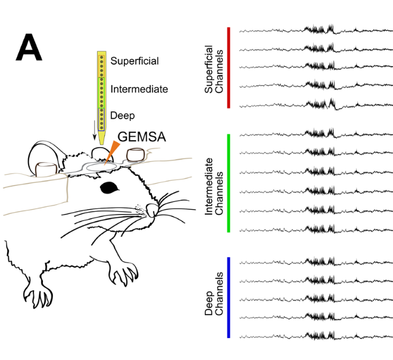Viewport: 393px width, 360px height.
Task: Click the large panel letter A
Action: (29, 48)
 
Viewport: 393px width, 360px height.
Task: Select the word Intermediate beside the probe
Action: (139, 89)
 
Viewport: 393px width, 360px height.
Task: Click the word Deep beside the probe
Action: (122, 115)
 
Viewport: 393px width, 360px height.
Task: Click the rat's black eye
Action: (110, 188)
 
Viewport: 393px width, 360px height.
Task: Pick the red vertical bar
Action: (229, 67)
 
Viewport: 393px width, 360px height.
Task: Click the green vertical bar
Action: (229, 182)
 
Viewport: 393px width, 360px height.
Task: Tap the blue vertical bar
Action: (229, 297)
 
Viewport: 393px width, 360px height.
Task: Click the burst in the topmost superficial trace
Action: (320, 29)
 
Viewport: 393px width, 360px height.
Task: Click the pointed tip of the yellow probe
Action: (102, 142)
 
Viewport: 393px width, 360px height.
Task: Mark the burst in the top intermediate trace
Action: (320, 134)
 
